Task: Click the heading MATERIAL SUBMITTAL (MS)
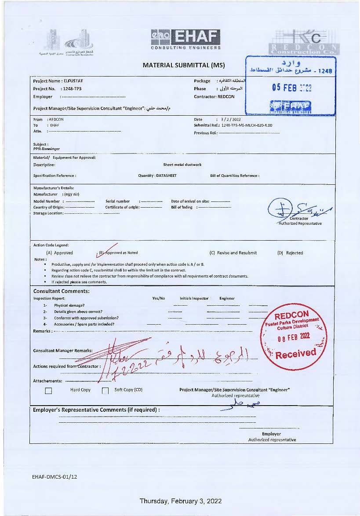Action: coord(184,66)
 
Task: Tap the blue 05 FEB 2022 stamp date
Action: coord(291,87)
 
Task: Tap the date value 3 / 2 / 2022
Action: coord(232,119)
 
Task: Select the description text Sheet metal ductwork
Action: coord(182,165)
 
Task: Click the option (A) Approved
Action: coord(60,253)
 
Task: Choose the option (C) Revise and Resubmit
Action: coord(233,253)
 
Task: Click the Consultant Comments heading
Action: coord(62,291)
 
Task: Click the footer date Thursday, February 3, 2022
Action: coord(180,501)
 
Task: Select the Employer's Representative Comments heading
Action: coord(96,410)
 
